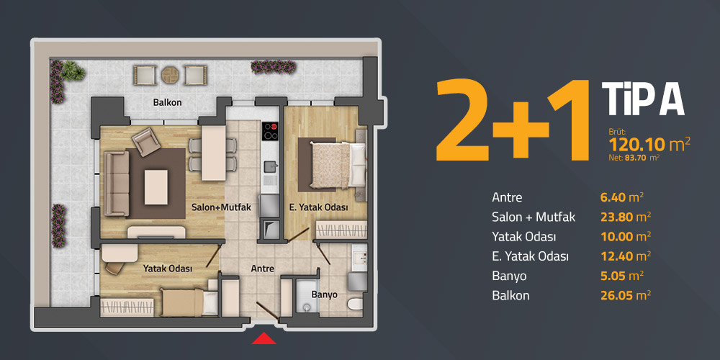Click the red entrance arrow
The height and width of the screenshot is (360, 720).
pos(264,339)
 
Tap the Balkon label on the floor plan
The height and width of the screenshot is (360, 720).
pos(167,102)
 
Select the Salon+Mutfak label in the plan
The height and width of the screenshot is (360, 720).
pos(221,207)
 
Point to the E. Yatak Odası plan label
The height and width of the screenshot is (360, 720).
pos(318,207)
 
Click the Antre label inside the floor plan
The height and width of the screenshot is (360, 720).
pos(263,269)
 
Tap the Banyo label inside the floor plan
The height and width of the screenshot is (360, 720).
pos(325,294)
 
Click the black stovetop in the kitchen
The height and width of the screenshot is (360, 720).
pos(270,131)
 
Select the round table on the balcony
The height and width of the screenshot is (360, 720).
pos(169,75)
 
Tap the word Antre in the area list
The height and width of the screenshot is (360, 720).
pos(507,198)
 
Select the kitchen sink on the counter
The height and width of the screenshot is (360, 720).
pos(271,166)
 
